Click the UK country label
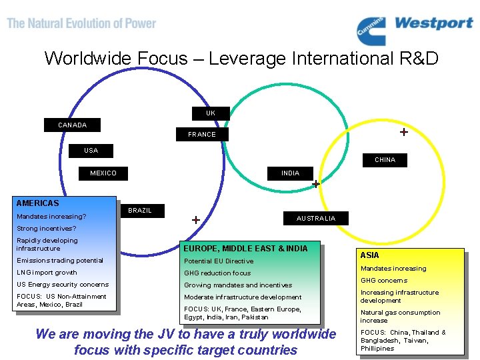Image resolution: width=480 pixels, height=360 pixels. [211, 113]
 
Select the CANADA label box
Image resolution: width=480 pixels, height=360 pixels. [72, 125]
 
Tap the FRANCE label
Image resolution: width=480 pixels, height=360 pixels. [202, 134]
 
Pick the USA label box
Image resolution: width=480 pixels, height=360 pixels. [91, 150]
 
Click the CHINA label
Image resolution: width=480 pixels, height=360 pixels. [385, 160]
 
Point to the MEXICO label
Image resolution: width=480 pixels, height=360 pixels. [103, 173]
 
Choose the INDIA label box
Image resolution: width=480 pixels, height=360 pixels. [290, 173]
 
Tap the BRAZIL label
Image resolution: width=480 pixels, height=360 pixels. [139, 210]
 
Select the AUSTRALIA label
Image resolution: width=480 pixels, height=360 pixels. [316, 219]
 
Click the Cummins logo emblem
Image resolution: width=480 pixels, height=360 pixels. [371, 31]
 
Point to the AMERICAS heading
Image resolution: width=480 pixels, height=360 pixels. [37, 203]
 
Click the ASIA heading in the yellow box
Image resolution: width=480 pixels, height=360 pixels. [369, 255]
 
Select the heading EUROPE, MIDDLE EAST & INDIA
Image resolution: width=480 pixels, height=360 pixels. [245, 249]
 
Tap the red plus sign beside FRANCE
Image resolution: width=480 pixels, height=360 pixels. [403, 132]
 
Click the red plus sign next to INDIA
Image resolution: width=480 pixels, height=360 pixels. [316, 183]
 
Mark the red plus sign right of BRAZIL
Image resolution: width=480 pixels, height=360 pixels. [196, 219]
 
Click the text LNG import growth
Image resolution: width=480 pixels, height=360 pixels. [47, 273]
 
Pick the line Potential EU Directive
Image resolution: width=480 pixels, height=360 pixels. [219, 261]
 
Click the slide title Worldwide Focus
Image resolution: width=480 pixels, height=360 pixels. [241, 59]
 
